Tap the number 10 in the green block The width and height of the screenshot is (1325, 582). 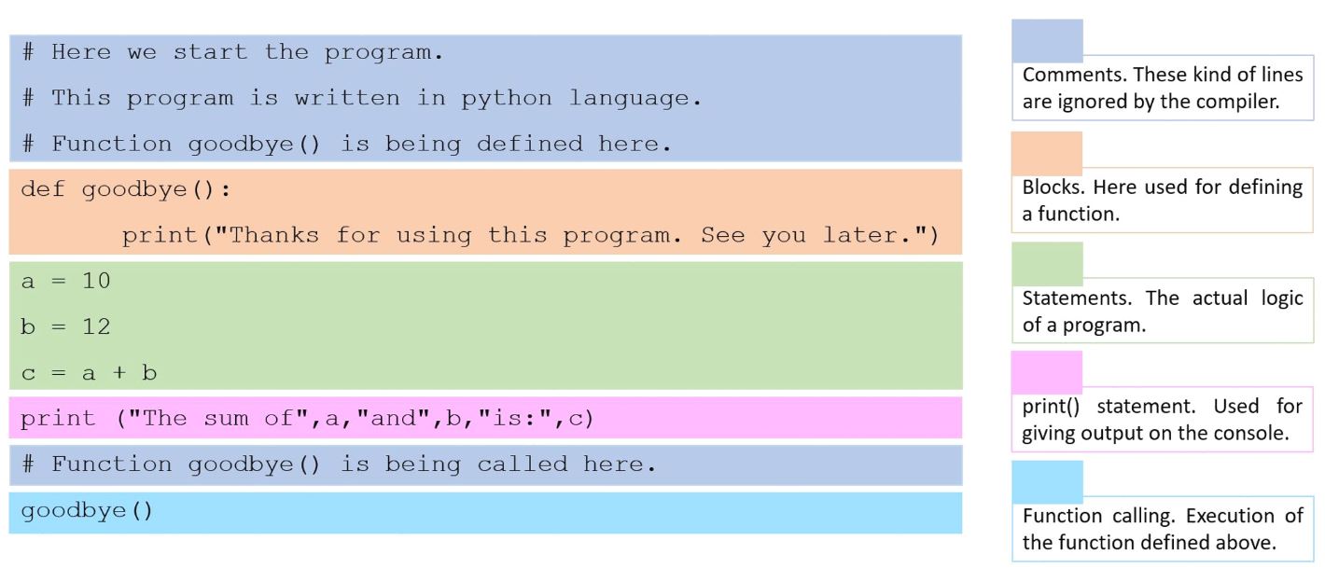[96, 281]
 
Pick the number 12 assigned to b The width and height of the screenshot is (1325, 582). [96, 326]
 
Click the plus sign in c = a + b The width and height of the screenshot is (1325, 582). [119, 372]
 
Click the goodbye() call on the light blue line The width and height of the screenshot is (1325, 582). [87, 511]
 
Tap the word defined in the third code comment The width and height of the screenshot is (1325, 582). [529, 144]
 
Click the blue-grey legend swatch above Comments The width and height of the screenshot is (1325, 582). [1047, 41]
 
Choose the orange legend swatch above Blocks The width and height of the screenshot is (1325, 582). [1046, 153]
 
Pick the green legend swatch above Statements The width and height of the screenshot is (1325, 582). [1047, 264]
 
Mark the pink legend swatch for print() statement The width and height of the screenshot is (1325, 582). [1046, 373]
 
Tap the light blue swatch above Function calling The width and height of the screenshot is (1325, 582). [1047, 482]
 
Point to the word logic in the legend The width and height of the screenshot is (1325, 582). [1282, 298]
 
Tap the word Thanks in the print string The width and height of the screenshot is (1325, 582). [274, 235]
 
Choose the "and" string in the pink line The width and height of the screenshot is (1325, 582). [394, 418]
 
